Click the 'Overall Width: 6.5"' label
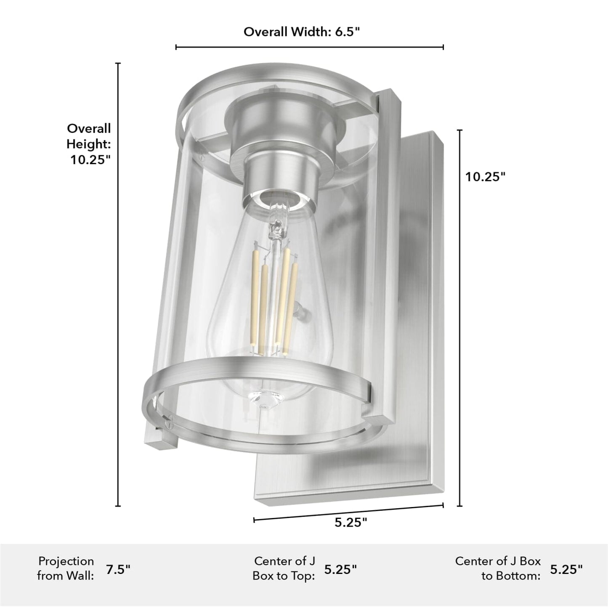tap(302, 32)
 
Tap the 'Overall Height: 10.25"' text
tap(89, 144)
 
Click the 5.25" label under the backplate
tap(350, 522)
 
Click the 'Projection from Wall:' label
tap(66, 568)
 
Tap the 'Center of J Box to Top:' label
tap(284, 568)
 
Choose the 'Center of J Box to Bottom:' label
tap(498, 568)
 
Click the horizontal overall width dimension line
tap(309, 47)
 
